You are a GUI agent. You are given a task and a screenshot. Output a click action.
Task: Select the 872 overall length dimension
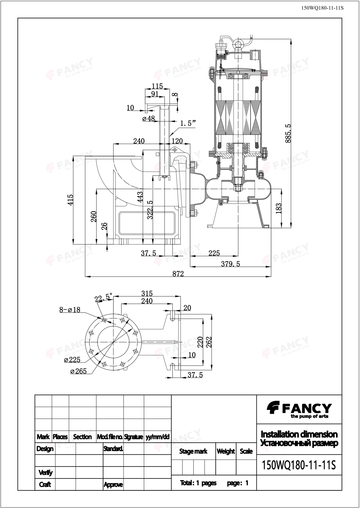tap(178, 274)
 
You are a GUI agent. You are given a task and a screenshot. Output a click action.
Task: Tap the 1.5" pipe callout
tap(188, 124)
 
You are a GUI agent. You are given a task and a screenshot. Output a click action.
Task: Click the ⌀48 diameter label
tap(148, 118)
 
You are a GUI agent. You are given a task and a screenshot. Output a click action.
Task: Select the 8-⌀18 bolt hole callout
tap(70, 310)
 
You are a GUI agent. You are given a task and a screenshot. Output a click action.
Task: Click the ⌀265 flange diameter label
tap(79, 371)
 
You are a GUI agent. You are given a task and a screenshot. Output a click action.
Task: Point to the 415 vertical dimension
tap(70, 200)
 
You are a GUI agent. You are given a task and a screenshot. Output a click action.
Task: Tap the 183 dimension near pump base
tap(278, 208)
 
